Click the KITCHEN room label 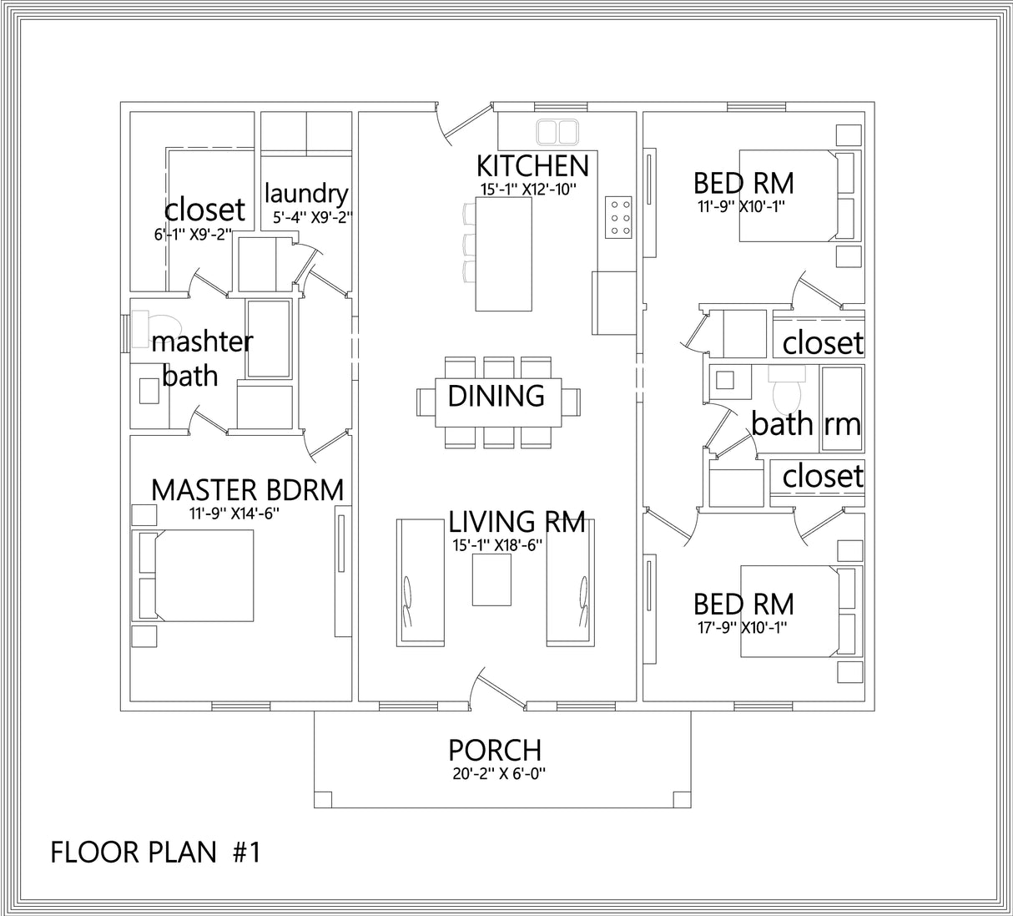(x=532, y=165)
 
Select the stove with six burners (x=618, y=217)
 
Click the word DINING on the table (x=496, y=396)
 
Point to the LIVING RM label (x=517, y=522)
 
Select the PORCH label (x=495, y=750)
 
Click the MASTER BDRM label (x=247, y=490)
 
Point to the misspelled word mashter (x=202, y=342)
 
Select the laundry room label (x=305, y=194)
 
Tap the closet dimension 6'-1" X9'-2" (x=192, y=235)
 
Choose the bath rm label (x=805, y=423)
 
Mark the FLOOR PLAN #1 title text (x=156, y=853)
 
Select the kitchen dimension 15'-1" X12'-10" (x=528, y=190)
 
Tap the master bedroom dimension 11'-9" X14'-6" (x=234, y=514)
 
